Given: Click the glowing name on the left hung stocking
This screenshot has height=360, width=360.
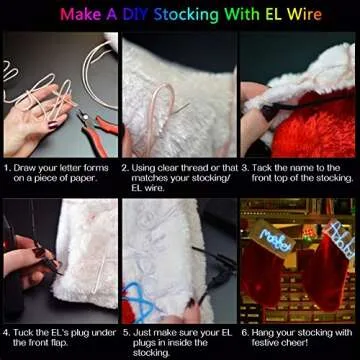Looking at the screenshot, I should [x=274, y=239].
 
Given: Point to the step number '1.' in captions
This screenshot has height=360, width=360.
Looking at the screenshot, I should [x=7, y=168].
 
